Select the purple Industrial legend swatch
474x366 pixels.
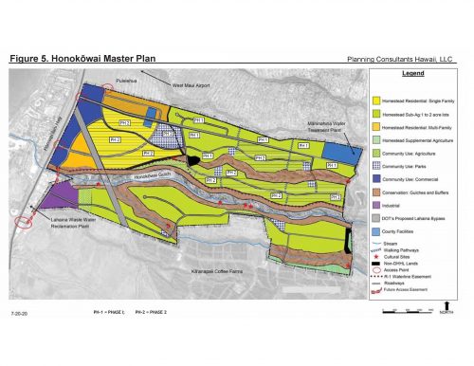click(x=378, y=202)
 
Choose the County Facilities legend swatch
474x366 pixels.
click(x=378, y=232)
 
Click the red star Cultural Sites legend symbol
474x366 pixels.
click(x=378, y=258)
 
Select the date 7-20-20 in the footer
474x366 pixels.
click(x=20, y=312)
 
